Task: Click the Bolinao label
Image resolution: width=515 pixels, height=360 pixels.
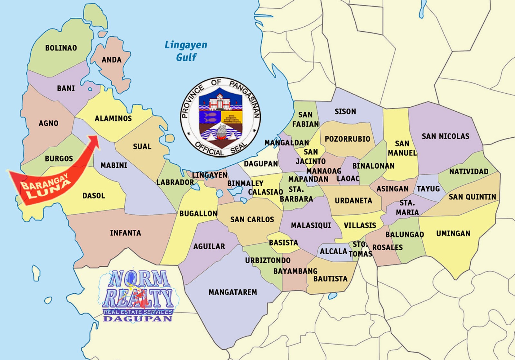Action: [x=61, y=48]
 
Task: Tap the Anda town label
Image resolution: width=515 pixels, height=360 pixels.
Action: [x=111, y=60]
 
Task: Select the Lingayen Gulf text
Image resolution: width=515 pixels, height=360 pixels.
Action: [x=186, y=51]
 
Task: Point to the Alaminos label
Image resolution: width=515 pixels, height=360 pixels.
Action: [x=113, y=118]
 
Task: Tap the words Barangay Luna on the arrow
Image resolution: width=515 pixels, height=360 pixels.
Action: [x=45, y=186]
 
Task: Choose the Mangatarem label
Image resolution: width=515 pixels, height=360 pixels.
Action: [x=233, y=292]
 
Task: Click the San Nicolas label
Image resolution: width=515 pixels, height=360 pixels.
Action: [x=445, y=136]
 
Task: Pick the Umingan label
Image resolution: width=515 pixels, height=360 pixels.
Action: [x=453, y=233]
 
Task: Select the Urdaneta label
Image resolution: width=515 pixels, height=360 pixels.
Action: [x=353, y=201]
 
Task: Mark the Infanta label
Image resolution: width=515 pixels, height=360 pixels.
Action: [x=126, y=233]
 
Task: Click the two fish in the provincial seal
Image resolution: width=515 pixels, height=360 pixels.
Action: [x=210, y=116]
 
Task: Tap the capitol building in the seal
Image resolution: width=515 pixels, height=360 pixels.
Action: [x=220, y=102]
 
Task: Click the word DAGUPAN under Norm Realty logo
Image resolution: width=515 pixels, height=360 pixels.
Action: [x=137, y=319]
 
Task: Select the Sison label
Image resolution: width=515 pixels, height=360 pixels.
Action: [x=345, y=112]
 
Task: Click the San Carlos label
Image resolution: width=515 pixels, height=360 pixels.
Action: [x=252, y=219]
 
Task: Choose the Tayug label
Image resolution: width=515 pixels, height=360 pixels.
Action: [x=428, y=189]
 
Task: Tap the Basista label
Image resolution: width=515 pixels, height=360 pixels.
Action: [x=283, y=243]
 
